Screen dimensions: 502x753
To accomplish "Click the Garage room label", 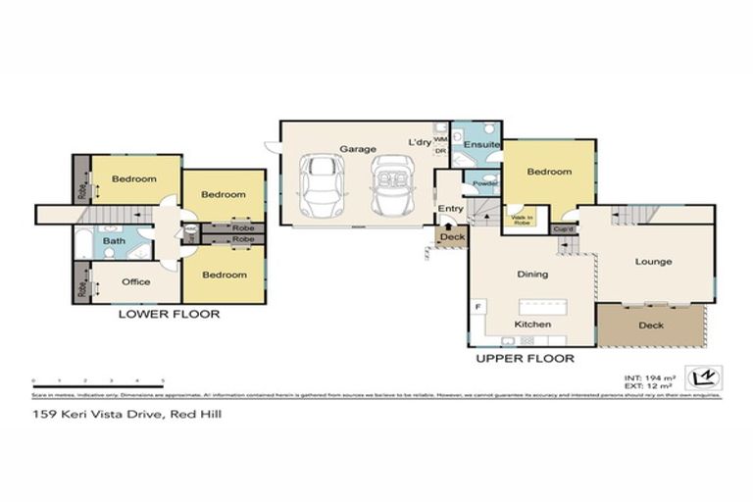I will tap(359, 149).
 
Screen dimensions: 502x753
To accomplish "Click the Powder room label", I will tap(485, 183).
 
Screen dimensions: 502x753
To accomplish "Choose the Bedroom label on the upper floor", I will tap(549, 172).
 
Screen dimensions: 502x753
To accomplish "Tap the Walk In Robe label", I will tap(518, 221).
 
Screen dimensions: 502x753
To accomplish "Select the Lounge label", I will tap(653, 262).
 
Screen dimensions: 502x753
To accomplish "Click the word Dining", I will tap(532, 275).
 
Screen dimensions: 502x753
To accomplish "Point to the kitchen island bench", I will tap(534, 303).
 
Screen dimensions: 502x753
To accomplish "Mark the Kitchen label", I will tap(532, 325).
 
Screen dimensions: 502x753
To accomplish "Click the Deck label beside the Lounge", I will tap(650, 326).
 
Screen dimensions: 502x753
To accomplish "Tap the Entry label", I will tap(451, 208).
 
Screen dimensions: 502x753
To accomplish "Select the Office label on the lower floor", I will tap(135, 282).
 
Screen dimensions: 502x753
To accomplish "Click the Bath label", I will tap(114, 240).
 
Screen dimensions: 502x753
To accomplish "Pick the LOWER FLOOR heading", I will tap(169, 315).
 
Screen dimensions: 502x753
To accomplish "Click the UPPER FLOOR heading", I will tap(525, 359).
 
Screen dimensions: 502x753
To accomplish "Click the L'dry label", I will tap(419, 143).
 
